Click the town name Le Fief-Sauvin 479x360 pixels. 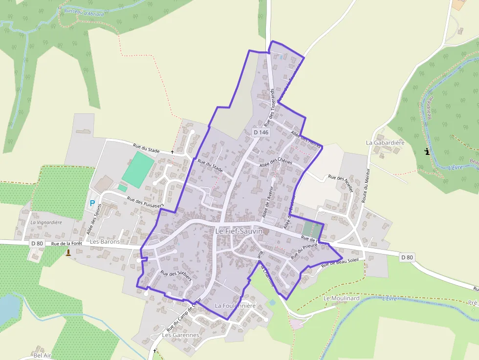coord(239,231)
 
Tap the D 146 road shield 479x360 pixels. coord(261,132)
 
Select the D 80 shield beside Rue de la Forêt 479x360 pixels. coord(37,243)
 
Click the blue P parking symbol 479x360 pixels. coord(92,203)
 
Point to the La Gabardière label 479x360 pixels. coord(385,143)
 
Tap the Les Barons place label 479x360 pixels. coord(105,241)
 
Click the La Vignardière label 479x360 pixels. coord(46,222)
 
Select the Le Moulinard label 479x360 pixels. coord(341,298)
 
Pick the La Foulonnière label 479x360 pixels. coord(235,306)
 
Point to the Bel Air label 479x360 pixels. coord(42,355)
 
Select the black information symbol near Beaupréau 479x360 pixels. coord(428,152)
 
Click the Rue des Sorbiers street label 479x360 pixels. coord(174,276)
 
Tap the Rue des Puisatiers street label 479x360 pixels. coord(145,202)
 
